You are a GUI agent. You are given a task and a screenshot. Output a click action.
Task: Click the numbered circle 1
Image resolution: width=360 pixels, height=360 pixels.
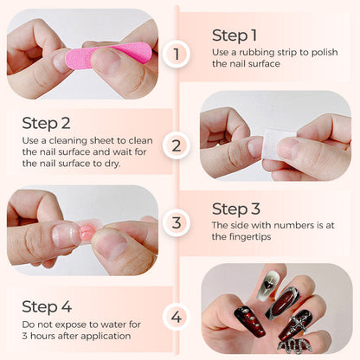177,55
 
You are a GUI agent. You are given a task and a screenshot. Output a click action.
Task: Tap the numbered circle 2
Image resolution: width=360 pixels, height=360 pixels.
177,144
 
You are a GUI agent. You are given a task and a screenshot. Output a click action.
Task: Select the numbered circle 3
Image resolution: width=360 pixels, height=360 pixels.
177,223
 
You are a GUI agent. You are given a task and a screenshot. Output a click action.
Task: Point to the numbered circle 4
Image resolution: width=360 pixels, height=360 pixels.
177,316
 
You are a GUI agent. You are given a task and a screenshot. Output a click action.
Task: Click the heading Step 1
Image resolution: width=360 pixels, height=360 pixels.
235,35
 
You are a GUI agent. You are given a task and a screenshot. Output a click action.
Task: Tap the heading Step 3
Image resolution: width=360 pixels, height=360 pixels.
235,209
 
